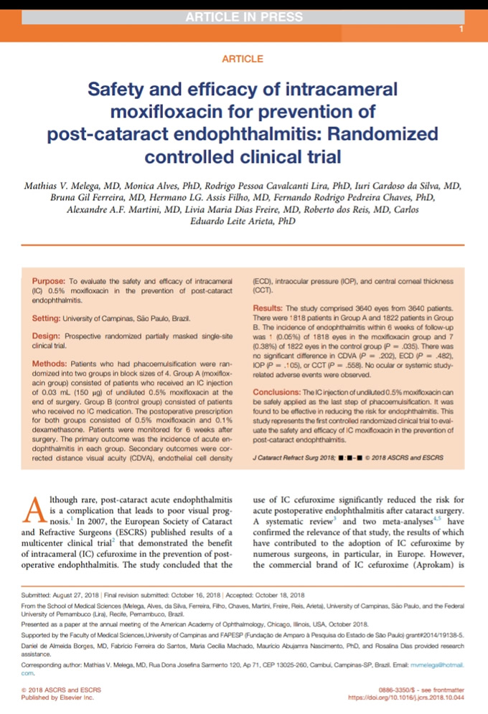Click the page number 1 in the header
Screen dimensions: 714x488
pyautogui.click(x=461, y=29)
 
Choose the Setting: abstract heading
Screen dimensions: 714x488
pyautogui.click(x=47, y=315)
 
